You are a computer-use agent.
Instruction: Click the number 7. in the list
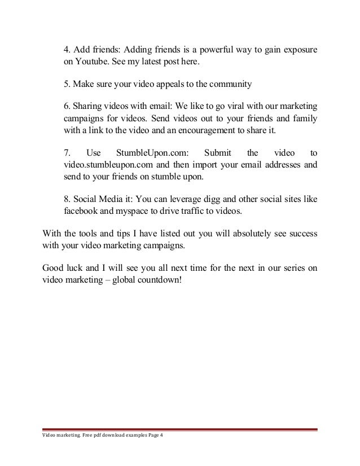(x=66, y=153)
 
